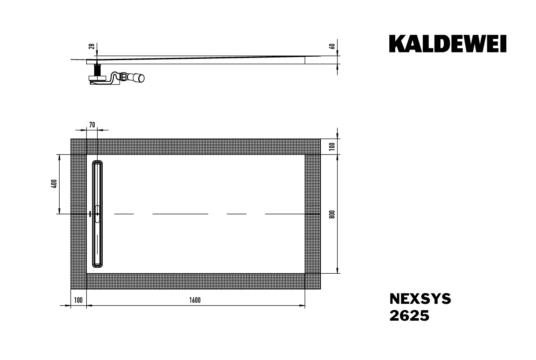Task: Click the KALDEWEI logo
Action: (448, 44)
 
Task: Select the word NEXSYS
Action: (420, 299)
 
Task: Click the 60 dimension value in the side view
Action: (333, 46)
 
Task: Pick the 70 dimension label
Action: (92, 124)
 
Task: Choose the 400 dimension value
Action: (54, 184)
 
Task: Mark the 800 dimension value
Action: (332, 214)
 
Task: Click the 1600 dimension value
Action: (195, 300)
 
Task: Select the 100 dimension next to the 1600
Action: (78, 300)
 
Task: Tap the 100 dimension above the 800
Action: (332, 146)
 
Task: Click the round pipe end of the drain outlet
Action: (141, 78)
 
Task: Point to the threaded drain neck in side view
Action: (98, 69)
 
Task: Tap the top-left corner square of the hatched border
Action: (78, 146)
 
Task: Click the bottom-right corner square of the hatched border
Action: (312, 281)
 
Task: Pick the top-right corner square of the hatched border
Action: (312, 146)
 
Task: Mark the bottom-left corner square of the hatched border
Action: (78, 281)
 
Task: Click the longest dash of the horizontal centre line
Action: (180, 214)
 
